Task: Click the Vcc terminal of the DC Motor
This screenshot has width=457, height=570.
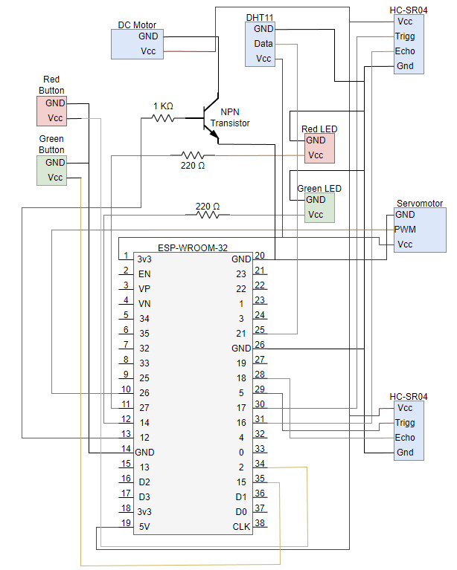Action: [x=147, y=51]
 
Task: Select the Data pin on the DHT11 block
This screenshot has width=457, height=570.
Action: [x=263, y=44]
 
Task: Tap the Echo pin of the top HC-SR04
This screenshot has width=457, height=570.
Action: [x=405, y=51]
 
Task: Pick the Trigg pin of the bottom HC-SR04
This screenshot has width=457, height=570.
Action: [x=405, y=423]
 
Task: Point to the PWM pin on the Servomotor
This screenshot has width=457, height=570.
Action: [x=406, y=229]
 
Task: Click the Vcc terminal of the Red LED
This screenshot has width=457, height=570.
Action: [x=316, y=155]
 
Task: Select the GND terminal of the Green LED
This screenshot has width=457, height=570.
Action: [x=316, y=200]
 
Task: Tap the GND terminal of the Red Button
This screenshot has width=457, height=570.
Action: [x=55, y=103]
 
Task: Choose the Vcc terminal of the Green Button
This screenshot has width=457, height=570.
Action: [x=55, y=178]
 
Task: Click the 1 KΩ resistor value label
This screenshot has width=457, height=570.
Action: [x=163, y=106]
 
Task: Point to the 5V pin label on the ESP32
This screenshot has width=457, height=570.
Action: [x=144, y=527]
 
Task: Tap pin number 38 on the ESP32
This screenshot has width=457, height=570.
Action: [x=260, y=522]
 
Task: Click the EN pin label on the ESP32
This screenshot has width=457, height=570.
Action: [x=144, y=274]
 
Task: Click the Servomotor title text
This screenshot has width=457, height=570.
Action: [x=420, y=203]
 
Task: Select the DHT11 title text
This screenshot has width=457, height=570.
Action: [x=259, y=17]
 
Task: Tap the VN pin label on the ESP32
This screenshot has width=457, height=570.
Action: [x=144, y=303]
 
